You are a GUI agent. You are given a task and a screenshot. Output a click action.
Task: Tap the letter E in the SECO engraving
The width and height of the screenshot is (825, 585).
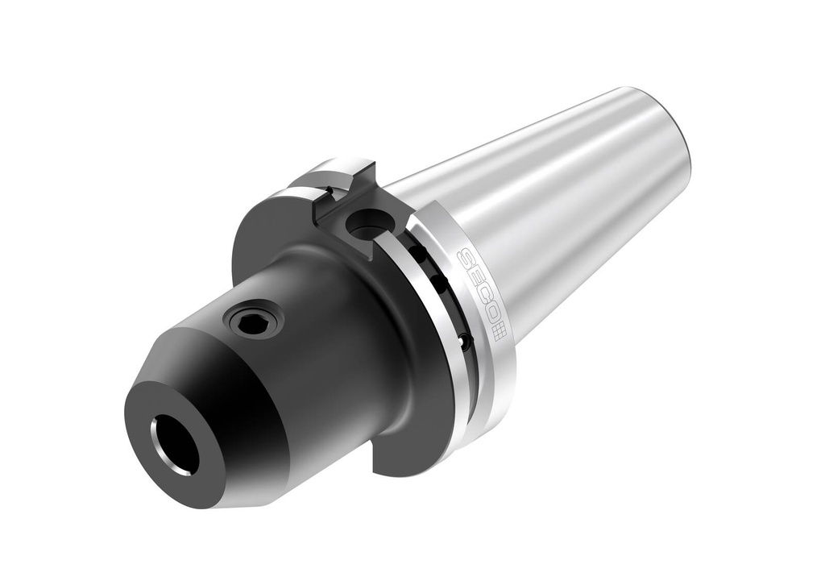[473, 278]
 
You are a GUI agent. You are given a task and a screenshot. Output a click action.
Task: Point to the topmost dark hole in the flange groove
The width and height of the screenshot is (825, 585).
[419, 254]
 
